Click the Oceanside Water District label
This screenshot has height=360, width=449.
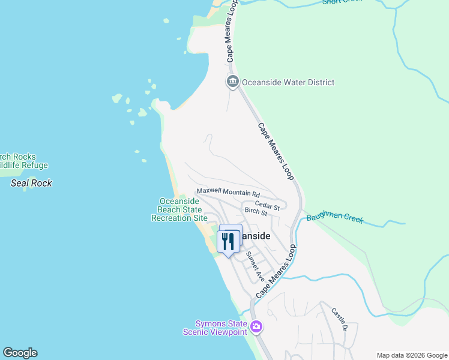pos(288,82)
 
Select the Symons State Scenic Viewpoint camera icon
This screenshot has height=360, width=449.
pos(256,327)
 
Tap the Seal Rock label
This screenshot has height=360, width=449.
pos(31,183)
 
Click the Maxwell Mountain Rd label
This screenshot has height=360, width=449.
pos(228,193)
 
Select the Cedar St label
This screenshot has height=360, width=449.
pos(268,206)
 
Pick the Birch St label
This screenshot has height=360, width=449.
pos(256,212)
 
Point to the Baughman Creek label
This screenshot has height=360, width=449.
pos(335,217)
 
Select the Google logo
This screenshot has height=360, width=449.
pos(20,352)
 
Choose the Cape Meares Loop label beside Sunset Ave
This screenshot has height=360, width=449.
pos(276,273)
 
